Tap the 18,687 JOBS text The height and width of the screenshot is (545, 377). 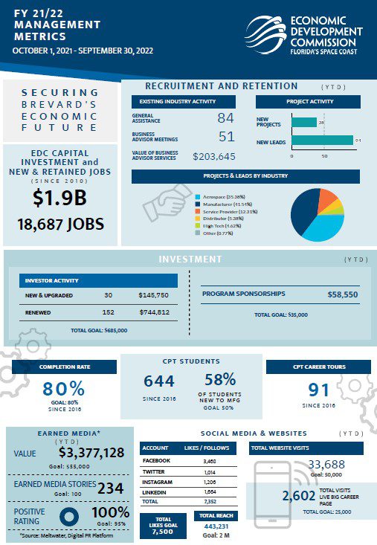(x=60, y=224)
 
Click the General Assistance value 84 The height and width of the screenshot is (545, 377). (x=225, y=117)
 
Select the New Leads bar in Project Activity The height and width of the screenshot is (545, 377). (x=322, y=140)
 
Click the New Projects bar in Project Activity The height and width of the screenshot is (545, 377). (x=303, y=122)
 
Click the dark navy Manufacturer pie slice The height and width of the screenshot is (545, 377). (x=304, y=209)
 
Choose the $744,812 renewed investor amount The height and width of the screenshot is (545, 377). (x=154, y=312)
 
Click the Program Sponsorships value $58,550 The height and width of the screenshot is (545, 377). (x=343, y=294)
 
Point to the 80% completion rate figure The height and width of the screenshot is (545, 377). (x=63, y=389)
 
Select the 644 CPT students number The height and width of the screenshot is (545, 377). (x=159, y=381)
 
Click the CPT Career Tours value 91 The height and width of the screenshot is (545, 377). (x=319, y=389)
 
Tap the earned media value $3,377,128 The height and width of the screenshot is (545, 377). (x=91, y=454)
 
